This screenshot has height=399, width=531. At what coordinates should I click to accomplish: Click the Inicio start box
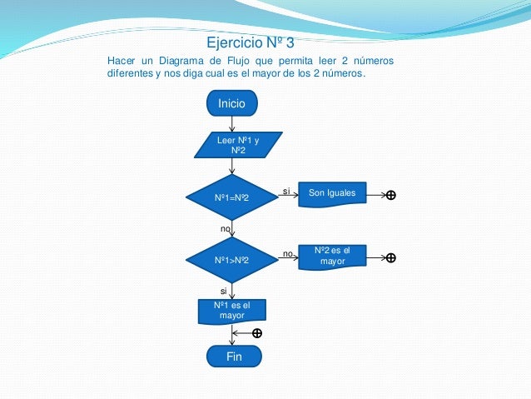[232, 103]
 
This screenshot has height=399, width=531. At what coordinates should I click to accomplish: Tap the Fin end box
[234, 357]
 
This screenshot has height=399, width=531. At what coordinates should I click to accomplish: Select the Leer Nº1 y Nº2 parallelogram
[237, 146]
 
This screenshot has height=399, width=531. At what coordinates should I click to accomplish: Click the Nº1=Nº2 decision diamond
[231, 197]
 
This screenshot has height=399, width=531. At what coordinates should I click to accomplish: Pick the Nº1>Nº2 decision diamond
[231, 260]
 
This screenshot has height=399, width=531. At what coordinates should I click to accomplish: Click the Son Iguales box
[331, 194]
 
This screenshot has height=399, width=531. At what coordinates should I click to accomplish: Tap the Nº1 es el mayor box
[232, 311]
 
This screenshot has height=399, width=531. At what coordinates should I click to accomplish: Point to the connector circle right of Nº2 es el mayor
[390, 257]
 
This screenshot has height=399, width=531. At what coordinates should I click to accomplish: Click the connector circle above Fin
[256, 333]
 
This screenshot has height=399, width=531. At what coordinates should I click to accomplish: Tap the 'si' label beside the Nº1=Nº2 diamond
[285, 192]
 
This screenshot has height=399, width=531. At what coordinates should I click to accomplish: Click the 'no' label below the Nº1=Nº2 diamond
[225, 227]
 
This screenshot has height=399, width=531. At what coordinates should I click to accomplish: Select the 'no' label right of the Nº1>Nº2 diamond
[287, 253]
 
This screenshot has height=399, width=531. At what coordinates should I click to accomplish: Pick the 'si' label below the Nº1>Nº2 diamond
[223, 291]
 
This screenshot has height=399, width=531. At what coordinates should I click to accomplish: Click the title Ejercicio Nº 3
[250, 43]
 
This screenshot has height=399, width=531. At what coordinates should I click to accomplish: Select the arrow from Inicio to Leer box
[232, 123]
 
